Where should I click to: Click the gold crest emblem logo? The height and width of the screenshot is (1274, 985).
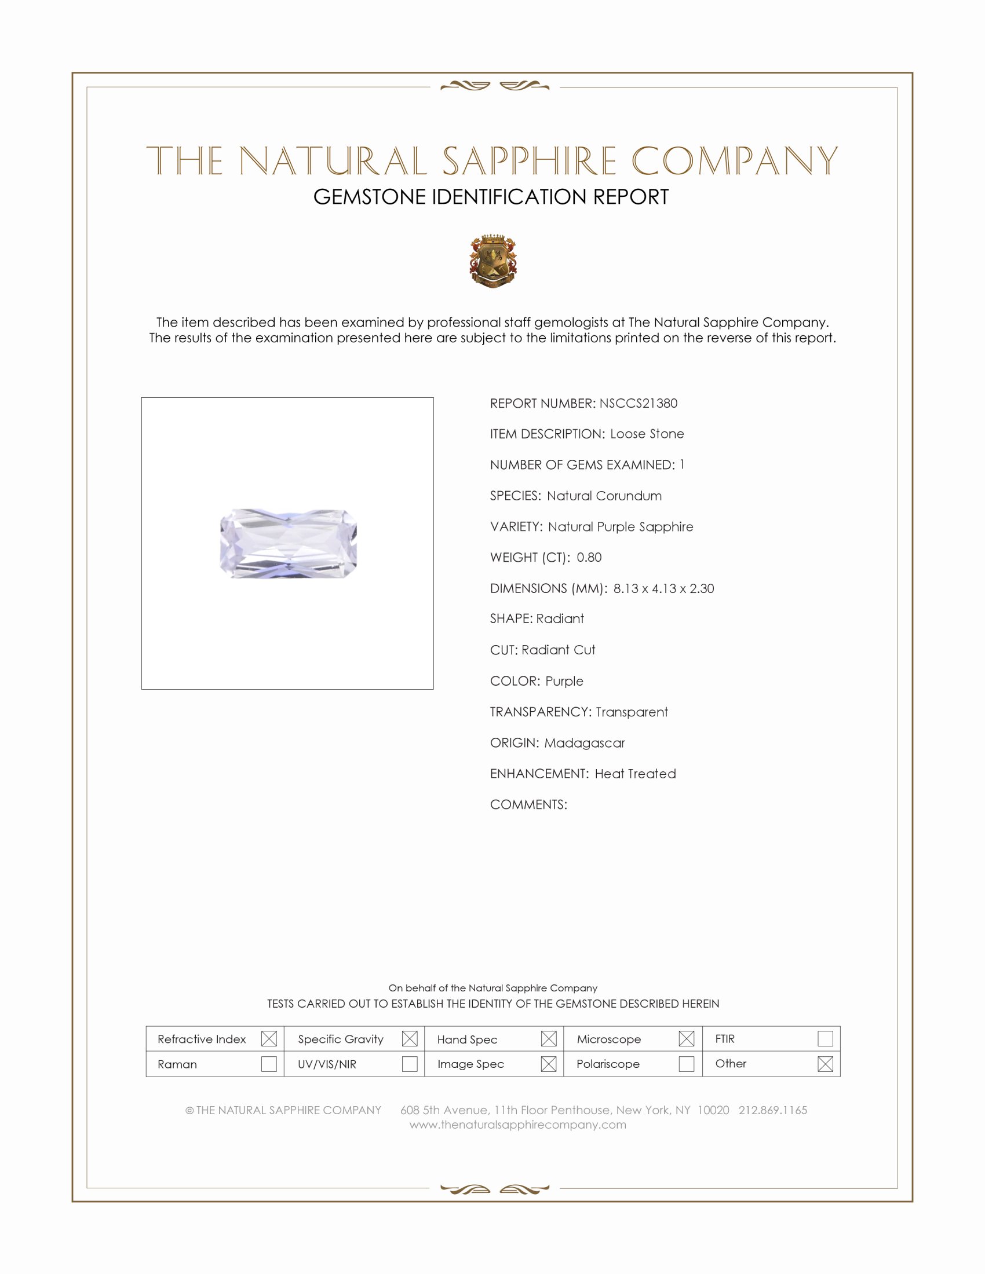tap(493, 261)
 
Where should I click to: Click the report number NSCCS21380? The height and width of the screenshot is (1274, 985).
tap(638, 403)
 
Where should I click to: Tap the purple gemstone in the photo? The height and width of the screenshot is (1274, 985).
tap(289, 544)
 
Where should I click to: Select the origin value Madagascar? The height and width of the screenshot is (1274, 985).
tap(584, 742)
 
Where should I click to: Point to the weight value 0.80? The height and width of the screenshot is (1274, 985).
tap(589, 557)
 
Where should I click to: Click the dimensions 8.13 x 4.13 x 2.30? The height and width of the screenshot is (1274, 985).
tap(663, 588)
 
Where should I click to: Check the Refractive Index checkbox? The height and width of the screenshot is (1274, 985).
tap(269, 1039)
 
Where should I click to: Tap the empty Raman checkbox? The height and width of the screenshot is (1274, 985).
tap(269, 1064)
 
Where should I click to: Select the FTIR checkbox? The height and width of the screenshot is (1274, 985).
tap(825, 1039)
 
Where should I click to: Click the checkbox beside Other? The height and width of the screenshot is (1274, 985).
tap(825, 1064)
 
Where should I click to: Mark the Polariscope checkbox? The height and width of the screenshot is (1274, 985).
tap(686, 1064)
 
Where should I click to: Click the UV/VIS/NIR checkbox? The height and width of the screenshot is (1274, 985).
tap(410, 1064)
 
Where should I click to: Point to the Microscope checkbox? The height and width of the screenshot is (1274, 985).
tap(686, 1039)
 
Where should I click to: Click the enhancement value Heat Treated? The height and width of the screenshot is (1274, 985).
tap(635, 774)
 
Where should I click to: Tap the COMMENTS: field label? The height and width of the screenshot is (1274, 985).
tap(528, 804)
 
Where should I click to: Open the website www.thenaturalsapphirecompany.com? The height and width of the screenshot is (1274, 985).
tap(517, 1125)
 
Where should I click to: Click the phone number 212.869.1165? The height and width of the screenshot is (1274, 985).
tap(772, 1110)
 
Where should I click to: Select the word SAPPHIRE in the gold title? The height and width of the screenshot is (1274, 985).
tap(528, 161)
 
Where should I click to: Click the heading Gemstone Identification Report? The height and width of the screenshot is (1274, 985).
tap(491, 197)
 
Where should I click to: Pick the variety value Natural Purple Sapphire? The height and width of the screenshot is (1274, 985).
tap(621, 527)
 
